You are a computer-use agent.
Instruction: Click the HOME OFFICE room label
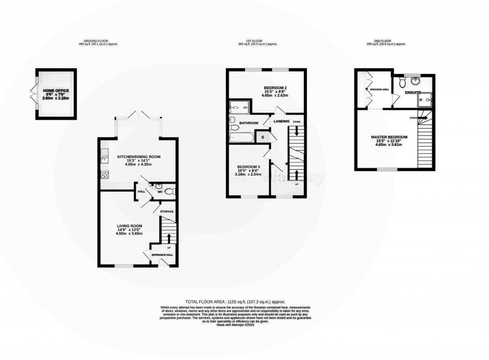(56, 90)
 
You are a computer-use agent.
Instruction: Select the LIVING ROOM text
(130, 226)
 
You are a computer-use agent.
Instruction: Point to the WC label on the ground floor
(161, 191)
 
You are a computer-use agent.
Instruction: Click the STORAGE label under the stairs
(167, 211)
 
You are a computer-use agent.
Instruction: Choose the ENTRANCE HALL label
(162, 255)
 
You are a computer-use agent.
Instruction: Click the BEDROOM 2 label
(276, 88)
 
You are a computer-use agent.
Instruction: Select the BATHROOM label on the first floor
(248, 123)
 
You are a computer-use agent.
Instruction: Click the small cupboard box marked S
(262, 138)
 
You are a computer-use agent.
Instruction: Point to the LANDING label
(281, 121)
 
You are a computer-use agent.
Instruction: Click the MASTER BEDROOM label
(389, 138)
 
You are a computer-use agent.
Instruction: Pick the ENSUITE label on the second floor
(413, 92)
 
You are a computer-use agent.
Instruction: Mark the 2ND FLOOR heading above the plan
(383, 41)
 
